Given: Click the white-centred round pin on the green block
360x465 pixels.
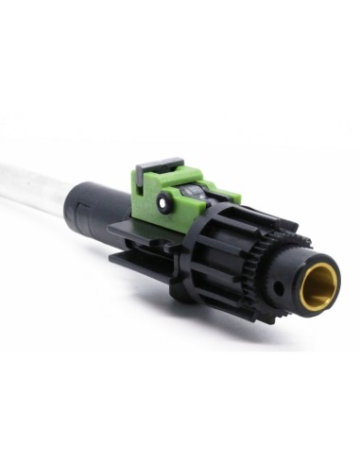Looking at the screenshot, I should (165, 200).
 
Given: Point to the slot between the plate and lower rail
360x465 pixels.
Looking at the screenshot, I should (142, 251).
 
